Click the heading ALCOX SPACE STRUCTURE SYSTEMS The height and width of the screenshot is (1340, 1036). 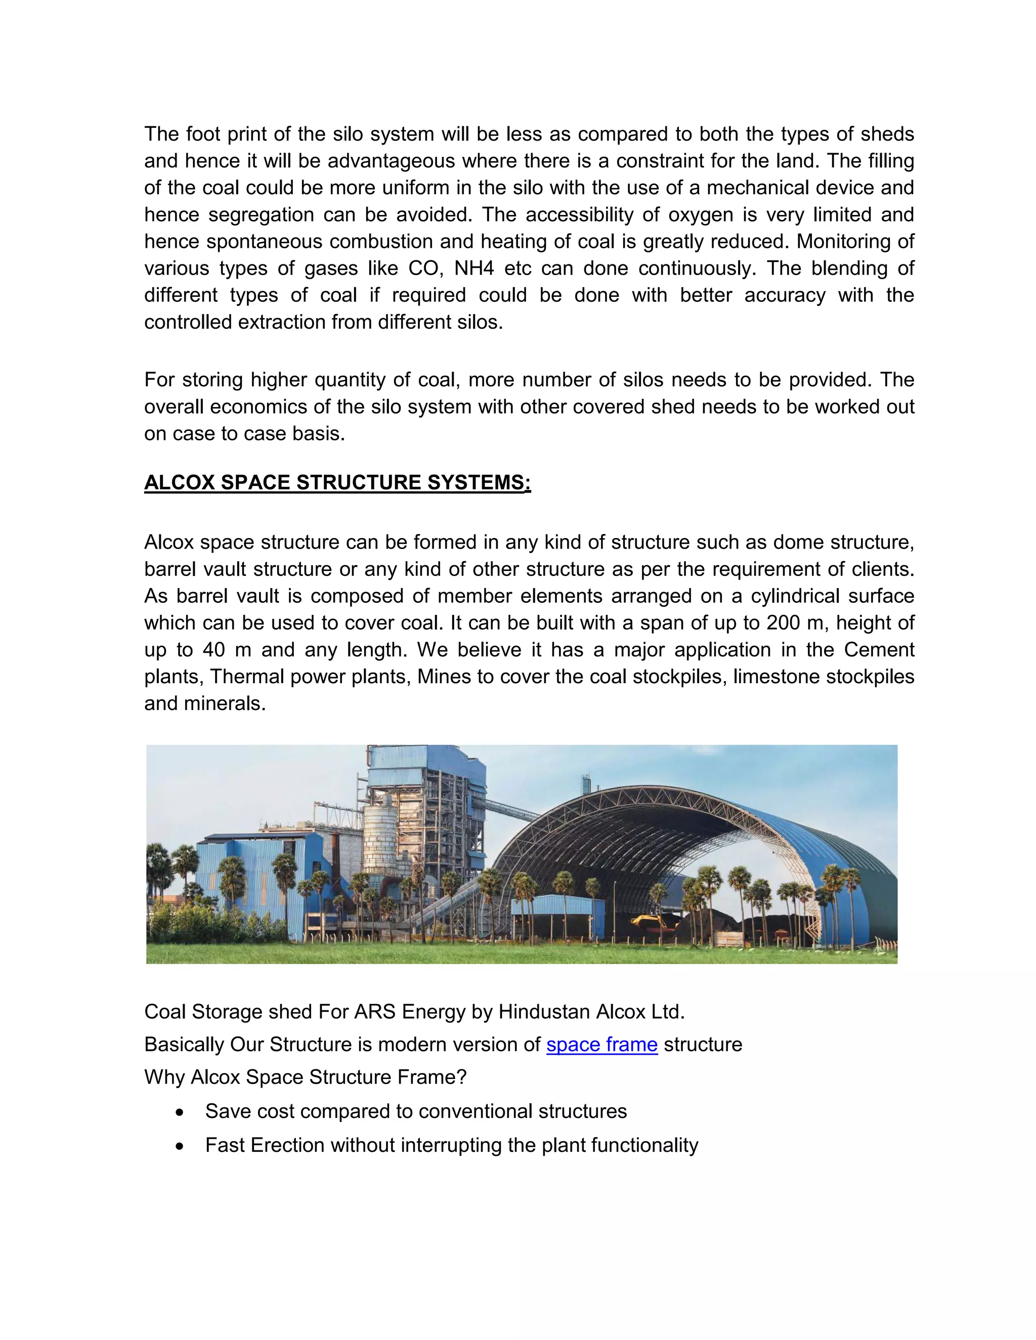tap(337, 482)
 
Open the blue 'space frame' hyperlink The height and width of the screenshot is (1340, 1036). tap(601, 1044)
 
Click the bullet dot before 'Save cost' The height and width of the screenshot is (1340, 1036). tap(179, 1112)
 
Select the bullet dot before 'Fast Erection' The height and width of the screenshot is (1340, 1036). tap(179, 1145)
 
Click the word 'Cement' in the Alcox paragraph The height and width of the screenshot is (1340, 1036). tap(879, 650)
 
